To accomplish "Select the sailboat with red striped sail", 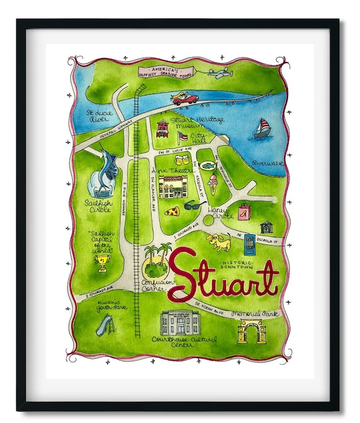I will pos(261,129).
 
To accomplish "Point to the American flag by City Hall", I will pos(183,136).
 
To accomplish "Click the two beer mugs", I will pos(182,160).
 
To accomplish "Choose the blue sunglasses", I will pos(193,205).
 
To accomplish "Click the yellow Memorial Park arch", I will pos(251,330).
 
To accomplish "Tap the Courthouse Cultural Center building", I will pos(180,323).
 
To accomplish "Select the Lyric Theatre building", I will pos(172,187).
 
